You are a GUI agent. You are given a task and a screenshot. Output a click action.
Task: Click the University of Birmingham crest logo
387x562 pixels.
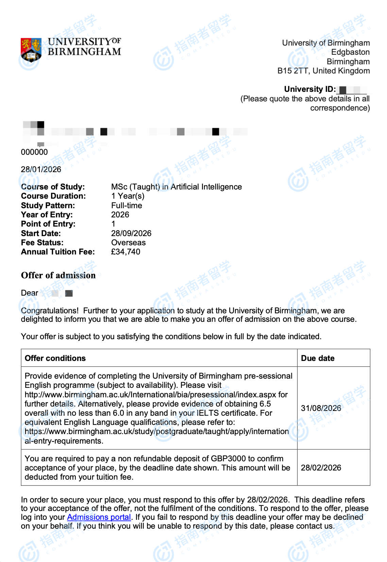[x=31, y=50]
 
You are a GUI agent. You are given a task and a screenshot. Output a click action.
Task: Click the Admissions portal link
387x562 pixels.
[x=99, y=517]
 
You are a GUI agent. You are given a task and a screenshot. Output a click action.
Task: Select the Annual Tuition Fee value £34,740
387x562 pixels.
[x=125, y=252]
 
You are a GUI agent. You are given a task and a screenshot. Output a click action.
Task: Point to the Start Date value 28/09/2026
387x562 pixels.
[x=131, y=233]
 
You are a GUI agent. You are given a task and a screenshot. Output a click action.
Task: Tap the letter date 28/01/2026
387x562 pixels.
[x=41, y=169]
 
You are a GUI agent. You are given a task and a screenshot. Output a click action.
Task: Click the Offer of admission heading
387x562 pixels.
[x=58, y=275]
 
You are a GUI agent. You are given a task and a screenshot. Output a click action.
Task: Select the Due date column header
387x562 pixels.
[x=318, y=358]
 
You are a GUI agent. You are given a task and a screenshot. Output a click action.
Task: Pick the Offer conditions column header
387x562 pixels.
[x=55, y=358]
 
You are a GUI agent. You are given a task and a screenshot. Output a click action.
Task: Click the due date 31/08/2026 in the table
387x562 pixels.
[x=321, y=408]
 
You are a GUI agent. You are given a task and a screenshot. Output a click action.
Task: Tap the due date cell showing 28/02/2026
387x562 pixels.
[x=321, y=468]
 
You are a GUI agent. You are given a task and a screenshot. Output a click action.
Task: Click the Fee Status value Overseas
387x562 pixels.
[x=128, y=243]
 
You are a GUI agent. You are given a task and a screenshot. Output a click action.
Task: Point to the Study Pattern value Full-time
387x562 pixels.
[x=127, y=205]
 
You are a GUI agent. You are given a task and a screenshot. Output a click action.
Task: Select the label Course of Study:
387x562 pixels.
[x=53, y=187]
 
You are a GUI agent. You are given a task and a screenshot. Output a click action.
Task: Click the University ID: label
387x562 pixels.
[x=310, y=89]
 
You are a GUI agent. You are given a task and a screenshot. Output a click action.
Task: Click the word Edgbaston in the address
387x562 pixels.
[x=350, y=52]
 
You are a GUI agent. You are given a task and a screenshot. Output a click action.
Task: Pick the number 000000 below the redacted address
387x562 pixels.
[x=34, y=152]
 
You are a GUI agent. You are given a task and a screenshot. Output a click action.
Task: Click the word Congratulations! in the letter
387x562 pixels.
[x=50, y=311]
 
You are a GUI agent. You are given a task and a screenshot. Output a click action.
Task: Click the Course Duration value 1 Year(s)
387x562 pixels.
[x=128, y=196]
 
